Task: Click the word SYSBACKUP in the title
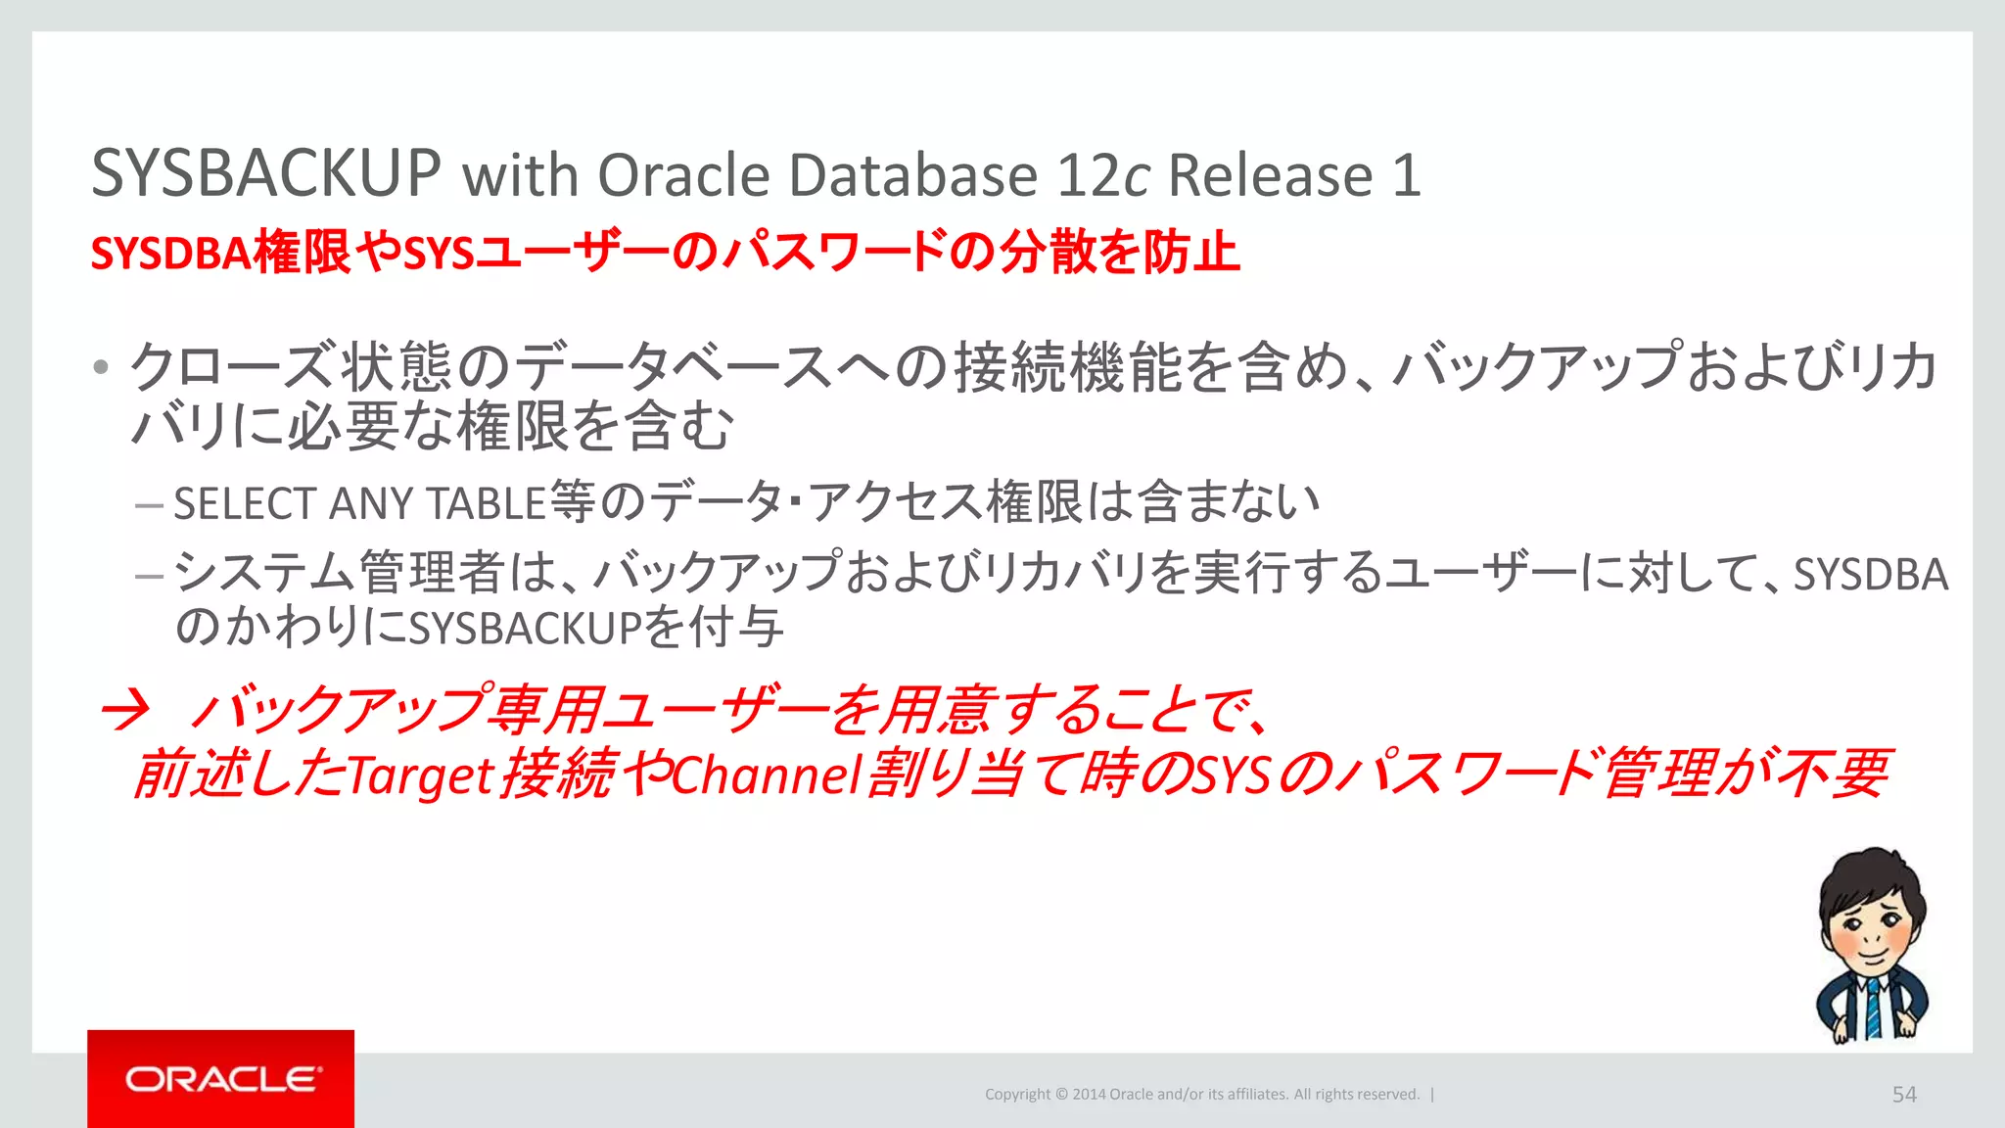click(265, 174)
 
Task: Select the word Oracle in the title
click(683, 176)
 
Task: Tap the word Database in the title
click(912, 176)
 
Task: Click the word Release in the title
click(1271, 176)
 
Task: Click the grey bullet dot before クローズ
click(100, 369)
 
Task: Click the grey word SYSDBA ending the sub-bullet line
click(1870, 575)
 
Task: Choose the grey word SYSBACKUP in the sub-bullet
click(525, 629)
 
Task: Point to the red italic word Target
click(420, 775)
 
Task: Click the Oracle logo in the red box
click(221, 1079)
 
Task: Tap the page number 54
click(1903, 1095)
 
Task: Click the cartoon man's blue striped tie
click(1872, 1009)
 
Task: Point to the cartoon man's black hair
click(1870, 876)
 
